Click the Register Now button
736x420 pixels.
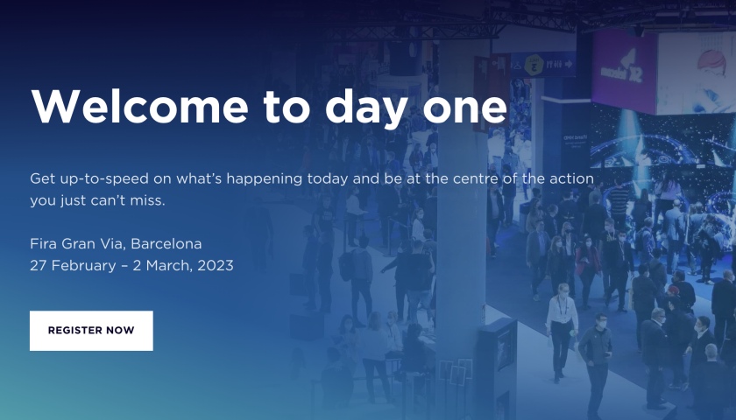coord(91,331)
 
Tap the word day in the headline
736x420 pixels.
coord(366,108)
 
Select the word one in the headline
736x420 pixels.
coord(464,110)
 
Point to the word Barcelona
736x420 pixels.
coord(166,244)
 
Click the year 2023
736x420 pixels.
coord(216,265)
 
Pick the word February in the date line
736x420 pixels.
coord(83,266)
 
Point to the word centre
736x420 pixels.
coord(475,178)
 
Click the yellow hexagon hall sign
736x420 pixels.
coord(534,66)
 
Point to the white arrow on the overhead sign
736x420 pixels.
coord(569,63)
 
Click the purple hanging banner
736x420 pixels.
coord(624,71)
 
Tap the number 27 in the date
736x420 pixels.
coord(38,266)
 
